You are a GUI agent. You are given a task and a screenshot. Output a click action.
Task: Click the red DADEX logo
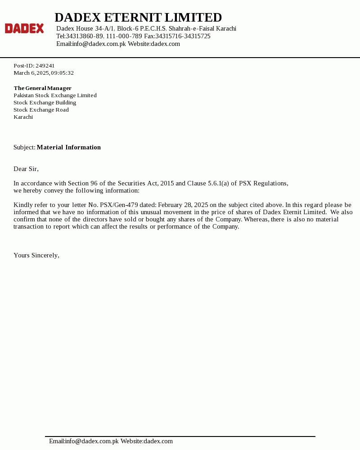[x=24, y=28]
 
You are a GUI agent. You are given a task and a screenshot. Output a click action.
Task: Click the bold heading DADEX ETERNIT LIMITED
[x=138, y=18]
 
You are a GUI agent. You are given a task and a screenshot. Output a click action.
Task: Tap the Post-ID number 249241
[x=45, y=66]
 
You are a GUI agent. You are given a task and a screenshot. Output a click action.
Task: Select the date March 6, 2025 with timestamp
[x=44, y=73]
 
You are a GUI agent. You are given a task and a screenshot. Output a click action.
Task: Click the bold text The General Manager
[x=42, y=88]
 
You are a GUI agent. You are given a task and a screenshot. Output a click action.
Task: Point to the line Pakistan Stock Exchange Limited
[x=55, y=95]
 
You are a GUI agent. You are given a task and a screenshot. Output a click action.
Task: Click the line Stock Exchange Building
[x=45, y=103]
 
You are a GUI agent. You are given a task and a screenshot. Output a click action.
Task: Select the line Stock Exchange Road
[x=41, y=110]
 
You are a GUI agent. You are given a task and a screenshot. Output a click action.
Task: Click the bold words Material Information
[x=68, y=147]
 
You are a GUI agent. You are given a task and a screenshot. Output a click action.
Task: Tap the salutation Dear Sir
[x=26, y=169]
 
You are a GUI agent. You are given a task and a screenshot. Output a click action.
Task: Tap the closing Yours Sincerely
[x=36, y=255]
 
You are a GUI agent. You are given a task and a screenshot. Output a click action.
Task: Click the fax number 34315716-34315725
[x=183, y=36]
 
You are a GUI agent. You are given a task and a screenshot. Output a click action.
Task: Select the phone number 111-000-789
[x=124, y=36]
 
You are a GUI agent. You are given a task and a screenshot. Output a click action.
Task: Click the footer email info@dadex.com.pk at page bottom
[x=92, y=441]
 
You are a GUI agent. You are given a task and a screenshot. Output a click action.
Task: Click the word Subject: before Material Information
[x=24, y=147]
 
